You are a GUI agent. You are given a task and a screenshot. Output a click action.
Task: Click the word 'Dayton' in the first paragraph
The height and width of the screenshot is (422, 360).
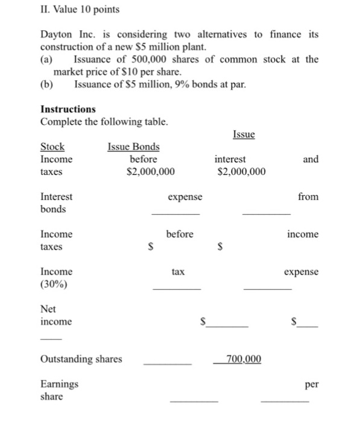click(x=56, y=35)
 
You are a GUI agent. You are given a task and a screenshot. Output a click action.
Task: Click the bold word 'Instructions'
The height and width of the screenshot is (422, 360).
click(x=68, y=109)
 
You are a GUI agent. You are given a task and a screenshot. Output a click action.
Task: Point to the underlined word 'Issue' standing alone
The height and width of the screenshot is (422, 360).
click(x=243, y=134)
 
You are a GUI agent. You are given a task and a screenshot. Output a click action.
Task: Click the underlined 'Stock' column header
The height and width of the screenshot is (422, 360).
click(x=52, y=146)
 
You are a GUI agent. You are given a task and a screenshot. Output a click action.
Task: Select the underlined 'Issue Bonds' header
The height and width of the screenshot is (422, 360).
click(x=133, y=146)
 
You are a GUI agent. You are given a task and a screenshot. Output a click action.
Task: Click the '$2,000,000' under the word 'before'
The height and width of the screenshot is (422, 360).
click(x=151, y=172)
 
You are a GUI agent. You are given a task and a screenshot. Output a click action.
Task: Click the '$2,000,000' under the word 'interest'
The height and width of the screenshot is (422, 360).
click(x=241, y=172)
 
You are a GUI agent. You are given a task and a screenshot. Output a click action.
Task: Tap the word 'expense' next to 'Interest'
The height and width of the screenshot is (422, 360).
click(x=185, y=197)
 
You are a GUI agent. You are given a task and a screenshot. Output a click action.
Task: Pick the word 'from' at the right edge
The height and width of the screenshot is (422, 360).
click(x=308, y=197)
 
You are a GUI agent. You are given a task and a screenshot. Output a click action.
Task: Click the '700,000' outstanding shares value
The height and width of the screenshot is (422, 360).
click(x=243, y=359)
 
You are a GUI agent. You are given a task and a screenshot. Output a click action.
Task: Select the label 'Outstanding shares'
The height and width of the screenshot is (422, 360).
click(x=81, y=359)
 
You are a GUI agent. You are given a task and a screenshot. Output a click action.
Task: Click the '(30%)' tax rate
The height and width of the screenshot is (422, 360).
click(x=54, y=285)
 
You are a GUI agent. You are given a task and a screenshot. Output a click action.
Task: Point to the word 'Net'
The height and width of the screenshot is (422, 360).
click(x=48, y=309)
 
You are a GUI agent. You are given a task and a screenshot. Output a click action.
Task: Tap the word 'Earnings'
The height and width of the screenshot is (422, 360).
click(x=59, y=384)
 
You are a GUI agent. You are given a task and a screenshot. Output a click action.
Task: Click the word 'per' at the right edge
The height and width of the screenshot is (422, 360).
click(x=312, y=384)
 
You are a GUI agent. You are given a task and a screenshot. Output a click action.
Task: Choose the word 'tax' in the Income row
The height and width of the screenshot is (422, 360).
click(x=177, y=272)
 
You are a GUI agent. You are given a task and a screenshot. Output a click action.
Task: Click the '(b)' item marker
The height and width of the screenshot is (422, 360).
click(x=46, y=84)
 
